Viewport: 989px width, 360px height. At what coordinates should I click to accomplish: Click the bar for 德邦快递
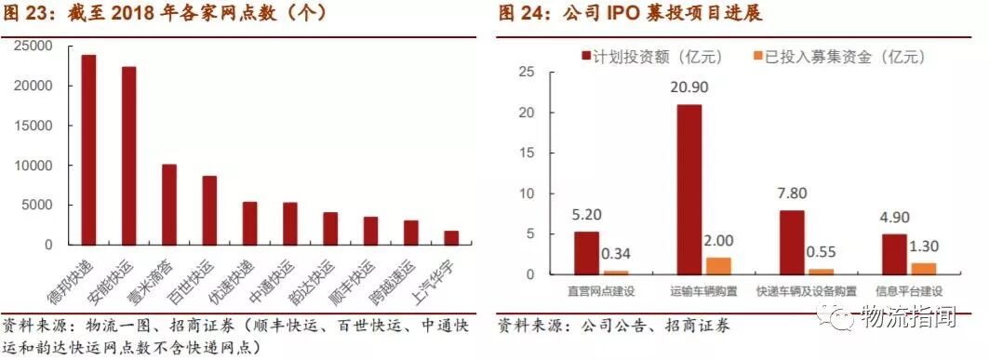point(88,149)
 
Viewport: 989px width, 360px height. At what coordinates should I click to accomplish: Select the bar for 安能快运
point(128,155)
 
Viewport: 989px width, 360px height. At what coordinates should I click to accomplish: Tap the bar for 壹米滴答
point(169,204)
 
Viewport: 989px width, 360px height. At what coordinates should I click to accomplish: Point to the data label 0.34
point(617,254)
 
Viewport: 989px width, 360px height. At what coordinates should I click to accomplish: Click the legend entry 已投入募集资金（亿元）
point(842,56)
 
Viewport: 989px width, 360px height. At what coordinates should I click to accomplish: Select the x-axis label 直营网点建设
point(600,291)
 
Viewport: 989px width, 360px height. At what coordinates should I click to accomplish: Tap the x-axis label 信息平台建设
point(908,291)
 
